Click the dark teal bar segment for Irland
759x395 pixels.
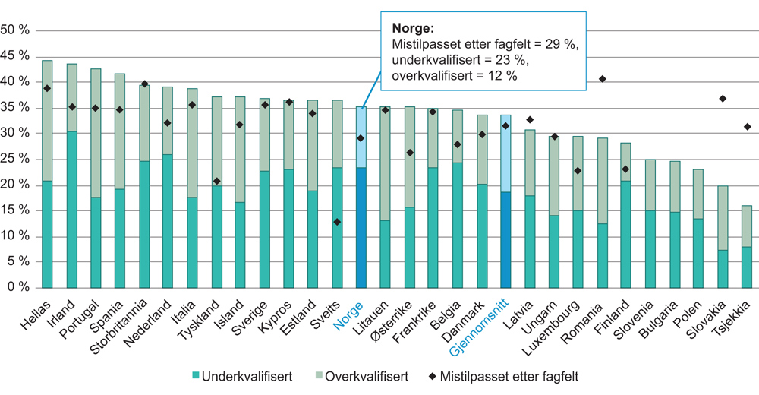point(71,209)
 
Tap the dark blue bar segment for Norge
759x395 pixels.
point(361,228)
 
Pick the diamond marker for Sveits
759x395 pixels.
point(336,222)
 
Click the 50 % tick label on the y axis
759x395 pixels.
point(16,30)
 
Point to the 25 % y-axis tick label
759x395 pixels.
point(16,160)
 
